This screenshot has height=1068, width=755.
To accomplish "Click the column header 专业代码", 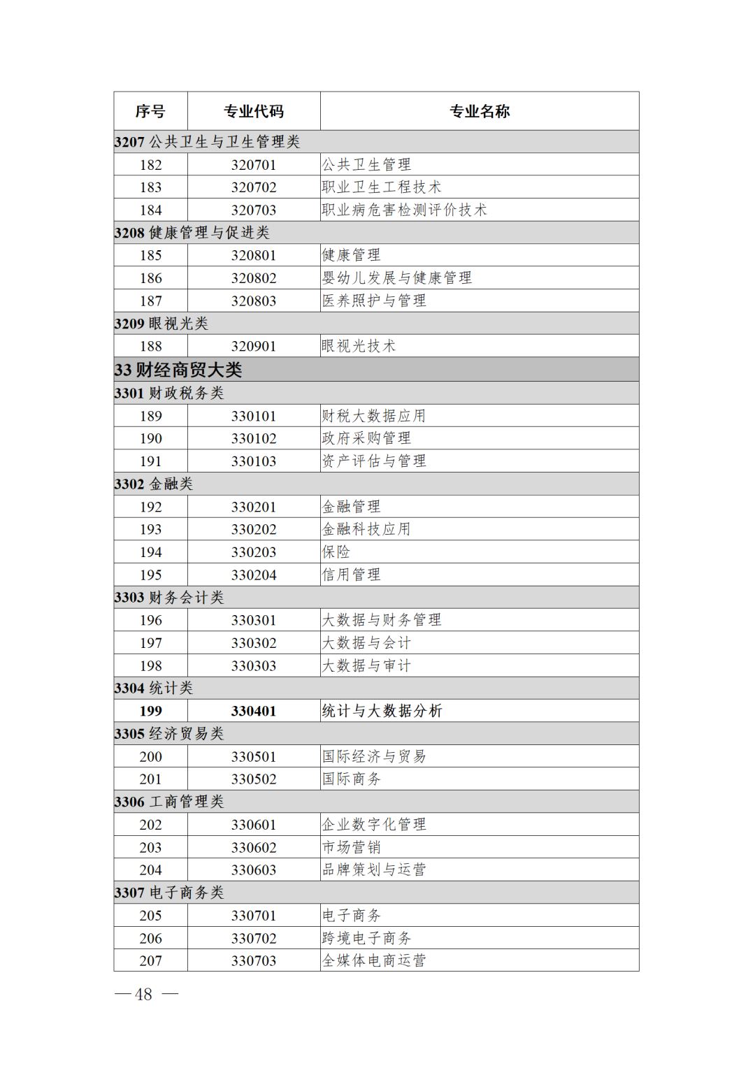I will coord(254,111).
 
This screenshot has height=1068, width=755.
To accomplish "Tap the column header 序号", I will coord(150,111).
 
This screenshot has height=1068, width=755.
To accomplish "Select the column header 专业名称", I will coord(480,111).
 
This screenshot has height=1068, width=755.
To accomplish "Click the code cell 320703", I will coord(254,210).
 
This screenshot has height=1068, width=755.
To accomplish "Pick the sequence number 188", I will coord(150,346).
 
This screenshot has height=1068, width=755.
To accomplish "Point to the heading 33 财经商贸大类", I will coord(178,370).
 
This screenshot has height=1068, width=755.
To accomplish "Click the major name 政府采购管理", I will coord(366,438).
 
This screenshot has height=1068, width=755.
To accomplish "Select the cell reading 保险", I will coord(336,552).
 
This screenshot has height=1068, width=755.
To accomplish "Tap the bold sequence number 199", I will coord(150,711).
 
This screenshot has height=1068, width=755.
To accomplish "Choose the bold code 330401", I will coord(254,711).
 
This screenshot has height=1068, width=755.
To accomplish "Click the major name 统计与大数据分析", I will coord(382,711).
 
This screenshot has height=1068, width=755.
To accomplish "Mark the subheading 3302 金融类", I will coord(154,484).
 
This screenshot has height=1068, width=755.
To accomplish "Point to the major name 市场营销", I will coord(351,847).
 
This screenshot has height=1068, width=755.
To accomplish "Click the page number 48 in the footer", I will coord(143,995).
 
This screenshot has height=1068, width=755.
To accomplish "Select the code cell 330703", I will coord(254,960).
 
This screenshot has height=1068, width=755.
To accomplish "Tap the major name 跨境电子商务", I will coord(366,938).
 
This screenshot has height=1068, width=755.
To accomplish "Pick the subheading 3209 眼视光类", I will coord(161,324).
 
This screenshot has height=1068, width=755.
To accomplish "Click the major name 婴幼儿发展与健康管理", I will coord(396,278).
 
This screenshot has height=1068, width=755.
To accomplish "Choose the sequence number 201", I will coord(150,779).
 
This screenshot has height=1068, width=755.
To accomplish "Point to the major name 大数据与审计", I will coord(366,665).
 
